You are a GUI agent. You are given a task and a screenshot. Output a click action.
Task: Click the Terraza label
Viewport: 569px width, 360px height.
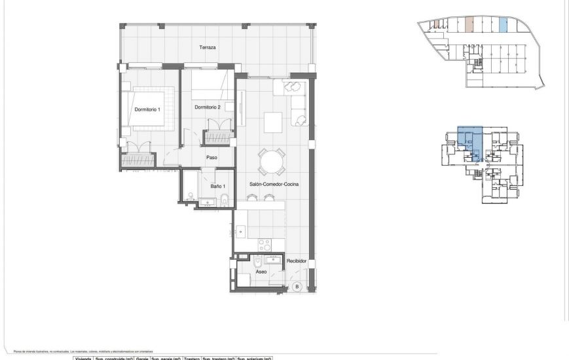208,48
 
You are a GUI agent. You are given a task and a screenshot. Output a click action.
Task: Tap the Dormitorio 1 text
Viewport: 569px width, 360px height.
147,109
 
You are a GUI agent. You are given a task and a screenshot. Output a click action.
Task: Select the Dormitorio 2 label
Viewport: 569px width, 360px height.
207,107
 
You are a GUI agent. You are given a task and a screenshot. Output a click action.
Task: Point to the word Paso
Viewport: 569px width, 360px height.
211,157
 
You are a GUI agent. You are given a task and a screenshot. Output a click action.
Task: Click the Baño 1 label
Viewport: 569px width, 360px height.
218,187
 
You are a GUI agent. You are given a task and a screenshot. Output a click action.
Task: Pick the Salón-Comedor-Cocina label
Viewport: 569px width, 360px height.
274,185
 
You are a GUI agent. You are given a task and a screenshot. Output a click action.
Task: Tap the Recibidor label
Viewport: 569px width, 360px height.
297,261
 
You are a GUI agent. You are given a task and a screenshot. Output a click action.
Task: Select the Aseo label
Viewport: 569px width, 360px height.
261,272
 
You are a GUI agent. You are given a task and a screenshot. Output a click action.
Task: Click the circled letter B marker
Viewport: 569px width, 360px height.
296,286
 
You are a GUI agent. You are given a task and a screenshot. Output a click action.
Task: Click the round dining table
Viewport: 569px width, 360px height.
271,161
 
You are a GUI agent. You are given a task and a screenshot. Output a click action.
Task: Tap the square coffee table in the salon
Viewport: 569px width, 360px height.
272,121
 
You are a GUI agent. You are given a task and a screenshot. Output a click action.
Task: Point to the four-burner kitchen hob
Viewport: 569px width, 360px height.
265,244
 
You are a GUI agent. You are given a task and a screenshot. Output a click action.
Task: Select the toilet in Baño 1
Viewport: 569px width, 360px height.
224,200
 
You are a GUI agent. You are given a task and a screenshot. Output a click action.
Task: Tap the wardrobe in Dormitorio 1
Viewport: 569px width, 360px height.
138,158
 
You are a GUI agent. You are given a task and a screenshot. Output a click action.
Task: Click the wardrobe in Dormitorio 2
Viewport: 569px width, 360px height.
218,137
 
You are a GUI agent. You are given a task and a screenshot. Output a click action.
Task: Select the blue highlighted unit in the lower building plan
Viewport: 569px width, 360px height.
469,141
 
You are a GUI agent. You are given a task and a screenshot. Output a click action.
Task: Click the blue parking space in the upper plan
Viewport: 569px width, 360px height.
503,26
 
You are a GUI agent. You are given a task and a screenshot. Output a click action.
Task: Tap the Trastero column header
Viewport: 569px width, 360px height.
191,358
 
